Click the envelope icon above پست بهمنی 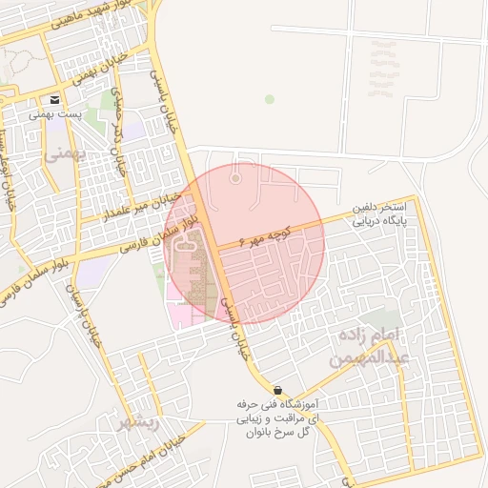tap(54, 100)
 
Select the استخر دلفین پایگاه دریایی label tap(380, 213)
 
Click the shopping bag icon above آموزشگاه tap(277, 391)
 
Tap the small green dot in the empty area tap(270, 99)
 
